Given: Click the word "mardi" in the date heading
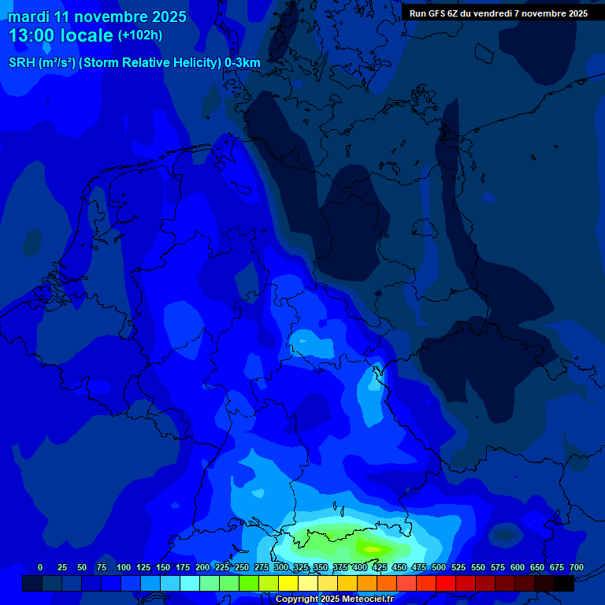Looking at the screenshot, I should (30, 17).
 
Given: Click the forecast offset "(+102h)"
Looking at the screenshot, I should (140, 35).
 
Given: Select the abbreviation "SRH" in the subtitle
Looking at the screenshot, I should (23, 62).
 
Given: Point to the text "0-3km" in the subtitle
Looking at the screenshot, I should (242, 62).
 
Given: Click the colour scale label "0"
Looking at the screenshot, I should (40, 567).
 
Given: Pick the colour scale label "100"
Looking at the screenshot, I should (124, 567).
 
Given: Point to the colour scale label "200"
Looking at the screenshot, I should (202, 567).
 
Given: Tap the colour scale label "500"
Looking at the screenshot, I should (439, 567).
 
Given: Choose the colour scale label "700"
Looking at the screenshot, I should (577, 567).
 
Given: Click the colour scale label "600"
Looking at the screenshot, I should (518, 567).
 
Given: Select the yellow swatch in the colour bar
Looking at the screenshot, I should (288, 583).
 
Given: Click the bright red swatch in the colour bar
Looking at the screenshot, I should (446, 583).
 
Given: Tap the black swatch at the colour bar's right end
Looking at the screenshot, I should (564, 583).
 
